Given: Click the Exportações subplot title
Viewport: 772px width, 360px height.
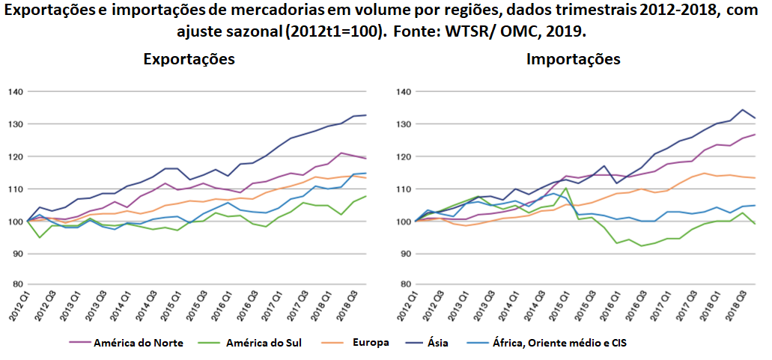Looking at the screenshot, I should (x=189, y=59).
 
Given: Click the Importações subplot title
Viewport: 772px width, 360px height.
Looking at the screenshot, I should (x=574, y=59).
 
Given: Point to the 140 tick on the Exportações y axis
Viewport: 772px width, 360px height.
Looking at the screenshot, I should (x=15, y=92).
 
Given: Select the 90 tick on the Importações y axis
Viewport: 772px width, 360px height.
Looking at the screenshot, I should (x=404, y=254).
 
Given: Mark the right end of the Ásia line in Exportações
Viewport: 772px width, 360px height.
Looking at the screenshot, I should (x=365, y=115).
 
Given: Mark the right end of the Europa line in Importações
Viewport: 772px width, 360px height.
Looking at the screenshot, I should (x=755, y=178).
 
